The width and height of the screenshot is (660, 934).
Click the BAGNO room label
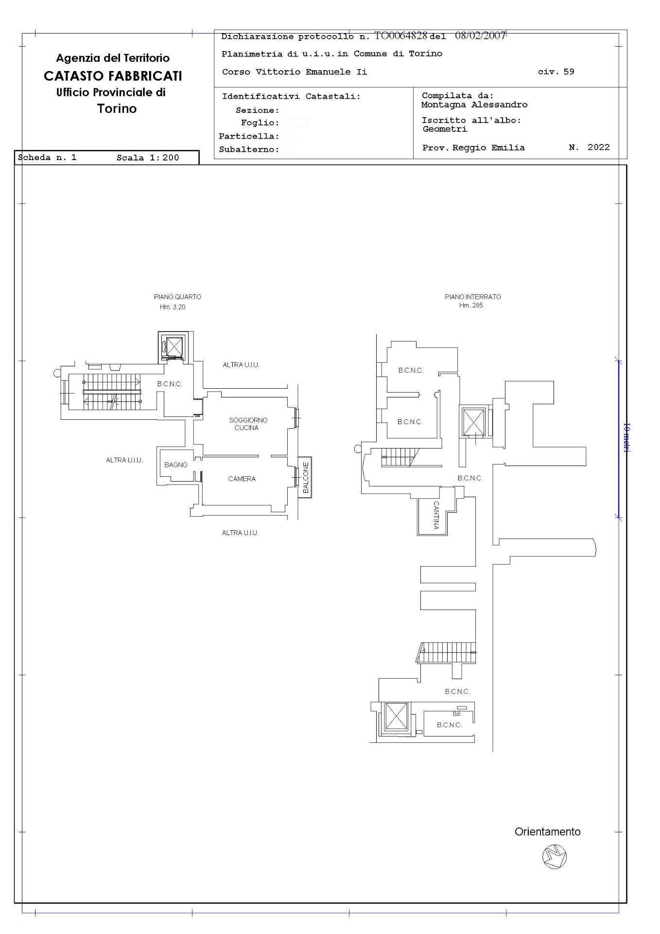pyautogui.click(x=175, y=465)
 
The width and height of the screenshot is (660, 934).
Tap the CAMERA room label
pyautogui.click(x=242, y=479)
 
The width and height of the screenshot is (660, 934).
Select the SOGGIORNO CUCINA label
pyautogui.click(x=248, y=424)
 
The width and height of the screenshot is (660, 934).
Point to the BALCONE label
pyautogui.click(x=306, y=478)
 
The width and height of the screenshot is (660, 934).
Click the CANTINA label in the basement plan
pyautogui.click(x=436, y=515)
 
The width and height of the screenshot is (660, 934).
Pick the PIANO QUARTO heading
pyautogui.click(x=177, y=297)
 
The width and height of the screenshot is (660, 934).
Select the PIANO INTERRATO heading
pyautogui.click(x=473, y=297)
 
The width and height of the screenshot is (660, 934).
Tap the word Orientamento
pyautogui.click(x=548, y=832)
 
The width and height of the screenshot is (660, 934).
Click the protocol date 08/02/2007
pyautogui.click(x=481, y=36)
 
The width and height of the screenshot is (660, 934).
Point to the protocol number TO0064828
pyautogui.click(x=400, y=36)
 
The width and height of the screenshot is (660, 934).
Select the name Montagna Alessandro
pyautogui.click(x=474, y=105)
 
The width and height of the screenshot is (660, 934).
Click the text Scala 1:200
pyautogui.click(x=148, y=158)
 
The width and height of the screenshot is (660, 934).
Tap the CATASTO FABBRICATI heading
pyautogui.click(x=113, y=76)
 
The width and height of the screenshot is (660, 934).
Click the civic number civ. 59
pyautogui.click(x=556, y=72)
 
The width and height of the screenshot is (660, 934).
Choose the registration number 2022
pyautogui.click(x=599, y=147)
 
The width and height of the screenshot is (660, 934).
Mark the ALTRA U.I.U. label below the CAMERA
pyautogui.click(x=240, y=533)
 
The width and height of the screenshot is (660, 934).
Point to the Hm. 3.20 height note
pyautogui.click(x=173, y=307)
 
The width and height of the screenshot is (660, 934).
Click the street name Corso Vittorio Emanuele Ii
pyautogui.click(x=295, y=72)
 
